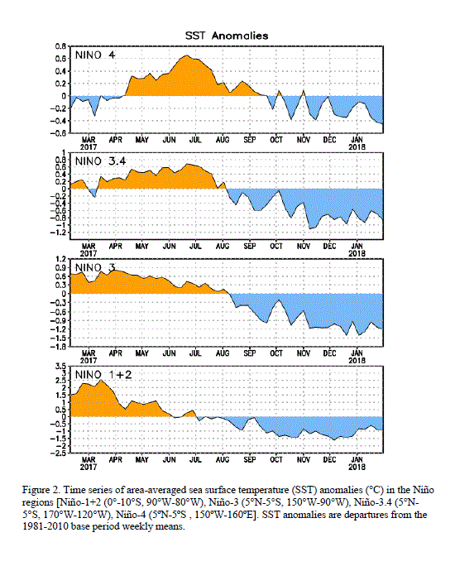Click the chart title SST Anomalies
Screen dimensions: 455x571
tap(227, 36)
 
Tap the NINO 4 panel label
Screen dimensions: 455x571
tap(95, 55)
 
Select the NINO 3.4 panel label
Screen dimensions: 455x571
tap(100, 161)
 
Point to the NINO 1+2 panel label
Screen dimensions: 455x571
tap(103, 374)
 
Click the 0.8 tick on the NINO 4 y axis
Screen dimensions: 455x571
tap(60, 46)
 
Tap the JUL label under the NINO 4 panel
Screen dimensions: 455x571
tap(195, 140)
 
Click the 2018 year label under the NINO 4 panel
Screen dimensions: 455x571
tap(357, 146)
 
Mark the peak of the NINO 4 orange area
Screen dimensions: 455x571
tap(187, 55)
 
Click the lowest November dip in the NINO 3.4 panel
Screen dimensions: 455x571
tap(309, 228)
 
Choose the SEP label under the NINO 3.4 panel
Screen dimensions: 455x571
tap(249, 246)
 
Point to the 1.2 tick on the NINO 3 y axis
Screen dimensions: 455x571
tap(60, 259)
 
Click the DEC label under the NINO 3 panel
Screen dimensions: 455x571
tap(330, 353)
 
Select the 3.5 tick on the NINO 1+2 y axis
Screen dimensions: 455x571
tap(60, 366)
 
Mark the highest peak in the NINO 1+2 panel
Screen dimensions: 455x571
tap(101, 380)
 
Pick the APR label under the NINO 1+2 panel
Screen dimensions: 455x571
tap(115, 459)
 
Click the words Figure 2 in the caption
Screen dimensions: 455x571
tap(41, 490)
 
